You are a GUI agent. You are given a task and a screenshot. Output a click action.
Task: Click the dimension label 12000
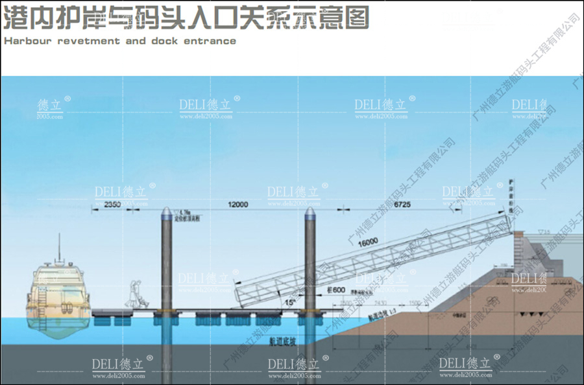pos(238,205)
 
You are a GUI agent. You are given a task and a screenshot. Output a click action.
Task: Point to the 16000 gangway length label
pos(367,242)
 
